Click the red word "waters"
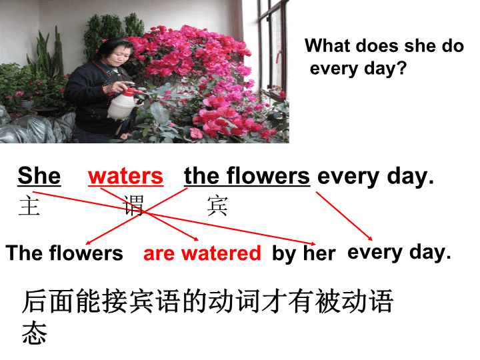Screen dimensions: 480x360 [x=125, y=176]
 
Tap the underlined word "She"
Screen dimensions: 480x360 [x=39, y=176]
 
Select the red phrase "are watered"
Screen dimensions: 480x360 [x=202, y=253]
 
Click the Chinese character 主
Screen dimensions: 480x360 [x=29, y=206]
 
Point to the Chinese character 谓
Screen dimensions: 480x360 [x=133, y=205]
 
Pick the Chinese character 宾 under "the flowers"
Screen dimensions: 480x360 [x=217, y=206]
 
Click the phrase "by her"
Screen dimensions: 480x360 [x=304, y=254]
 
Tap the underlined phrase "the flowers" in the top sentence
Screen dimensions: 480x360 [x=247, y=176]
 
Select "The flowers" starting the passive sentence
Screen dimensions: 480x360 [x=64, y=253]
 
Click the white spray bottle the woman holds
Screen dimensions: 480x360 [x=121, y=104]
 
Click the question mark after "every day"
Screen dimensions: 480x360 [x=401, y=67]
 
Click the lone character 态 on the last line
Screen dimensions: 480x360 [x=34, y=333]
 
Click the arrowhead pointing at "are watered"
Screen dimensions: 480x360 [x=196, y=239]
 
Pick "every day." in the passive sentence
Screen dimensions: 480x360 [x=399, y=253]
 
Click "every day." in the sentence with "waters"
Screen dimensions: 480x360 [x=375, y=177]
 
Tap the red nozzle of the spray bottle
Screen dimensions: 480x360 [x=131, y=91]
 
